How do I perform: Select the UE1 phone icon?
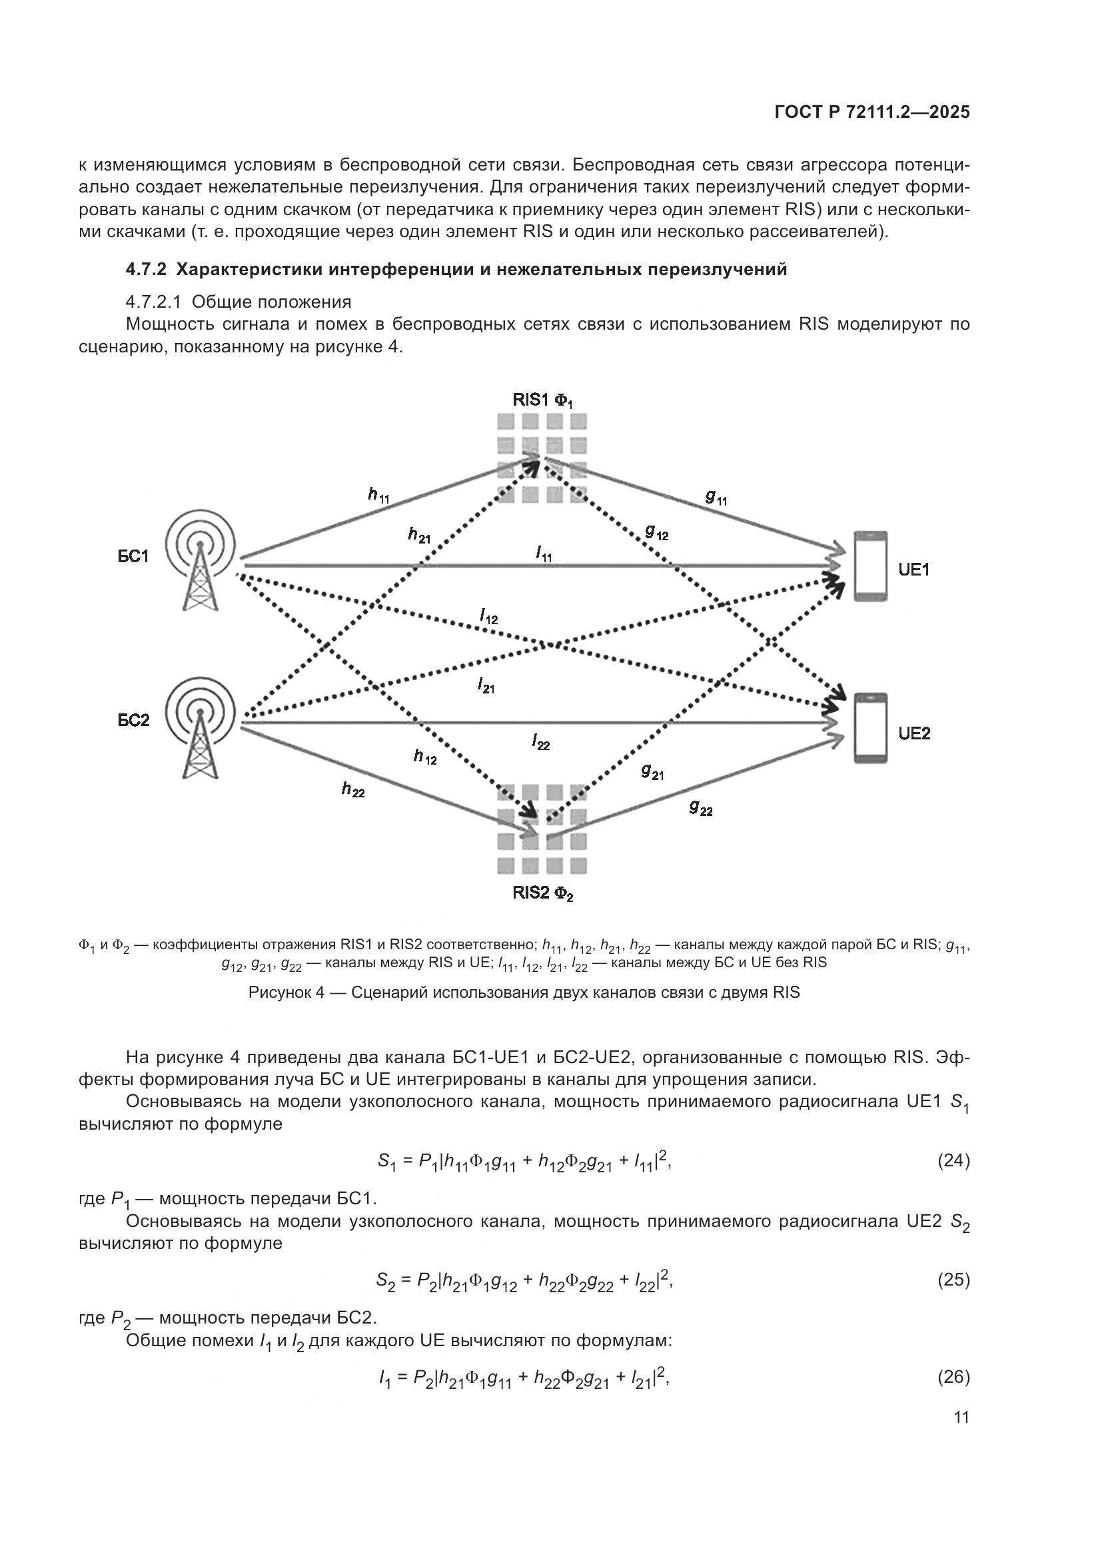click(x=871, y=566)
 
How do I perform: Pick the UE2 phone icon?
click(x=871, y=729)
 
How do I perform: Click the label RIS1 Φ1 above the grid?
click(x=543, y=400)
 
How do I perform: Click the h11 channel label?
click(x=378, y=496)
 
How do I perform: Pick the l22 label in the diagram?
click(x=541, y=741)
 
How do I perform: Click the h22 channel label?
click(x=353, y=789)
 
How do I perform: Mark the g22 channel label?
click(x=701, y=807)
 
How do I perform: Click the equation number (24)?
click(x=953, y=1161)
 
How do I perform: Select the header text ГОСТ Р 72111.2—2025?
click(x=872, y=113)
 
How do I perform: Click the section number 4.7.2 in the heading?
click(x=145, y=270)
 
